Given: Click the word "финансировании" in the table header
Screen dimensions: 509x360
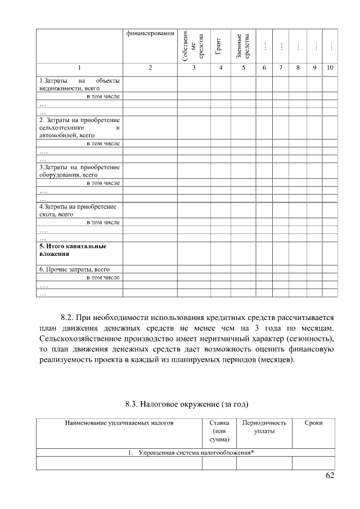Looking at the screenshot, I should (x=150, y=33).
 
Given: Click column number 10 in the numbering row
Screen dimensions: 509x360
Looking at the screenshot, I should (x=330, y=68).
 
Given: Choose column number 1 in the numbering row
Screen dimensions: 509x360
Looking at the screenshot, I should (x=79, y=68).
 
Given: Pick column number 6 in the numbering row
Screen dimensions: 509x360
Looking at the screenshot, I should (x=264, y=68).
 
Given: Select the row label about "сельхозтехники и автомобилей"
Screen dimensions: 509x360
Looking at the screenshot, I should (x=79, y=128).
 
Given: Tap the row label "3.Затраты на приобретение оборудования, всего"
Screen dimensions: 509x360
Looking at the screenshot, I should (x=79, y=170).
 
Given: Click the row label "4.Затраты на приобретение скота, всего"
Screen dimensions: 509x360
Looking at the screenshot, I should (x=79, y=210).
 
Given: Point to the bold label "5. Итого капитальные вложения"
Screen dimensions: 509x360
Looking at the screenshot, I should (x=73, y=250).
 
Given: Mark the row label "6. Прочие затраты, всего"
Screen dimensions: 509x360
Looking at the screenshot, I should (x=74, y=269).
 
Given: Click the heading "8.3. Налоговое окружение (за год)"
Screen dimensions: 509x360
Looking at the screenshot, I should (x=186, y=403).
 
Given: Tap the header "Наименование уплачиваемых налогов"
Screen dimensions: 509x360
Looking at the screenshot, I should (x=119, y=422).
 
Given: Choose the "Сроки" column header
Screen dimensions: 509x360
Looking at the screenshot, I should (x=313, y=422).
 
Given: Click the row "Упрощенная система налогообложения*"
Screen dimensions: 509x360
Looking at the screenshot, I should (x=190, y=453).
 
